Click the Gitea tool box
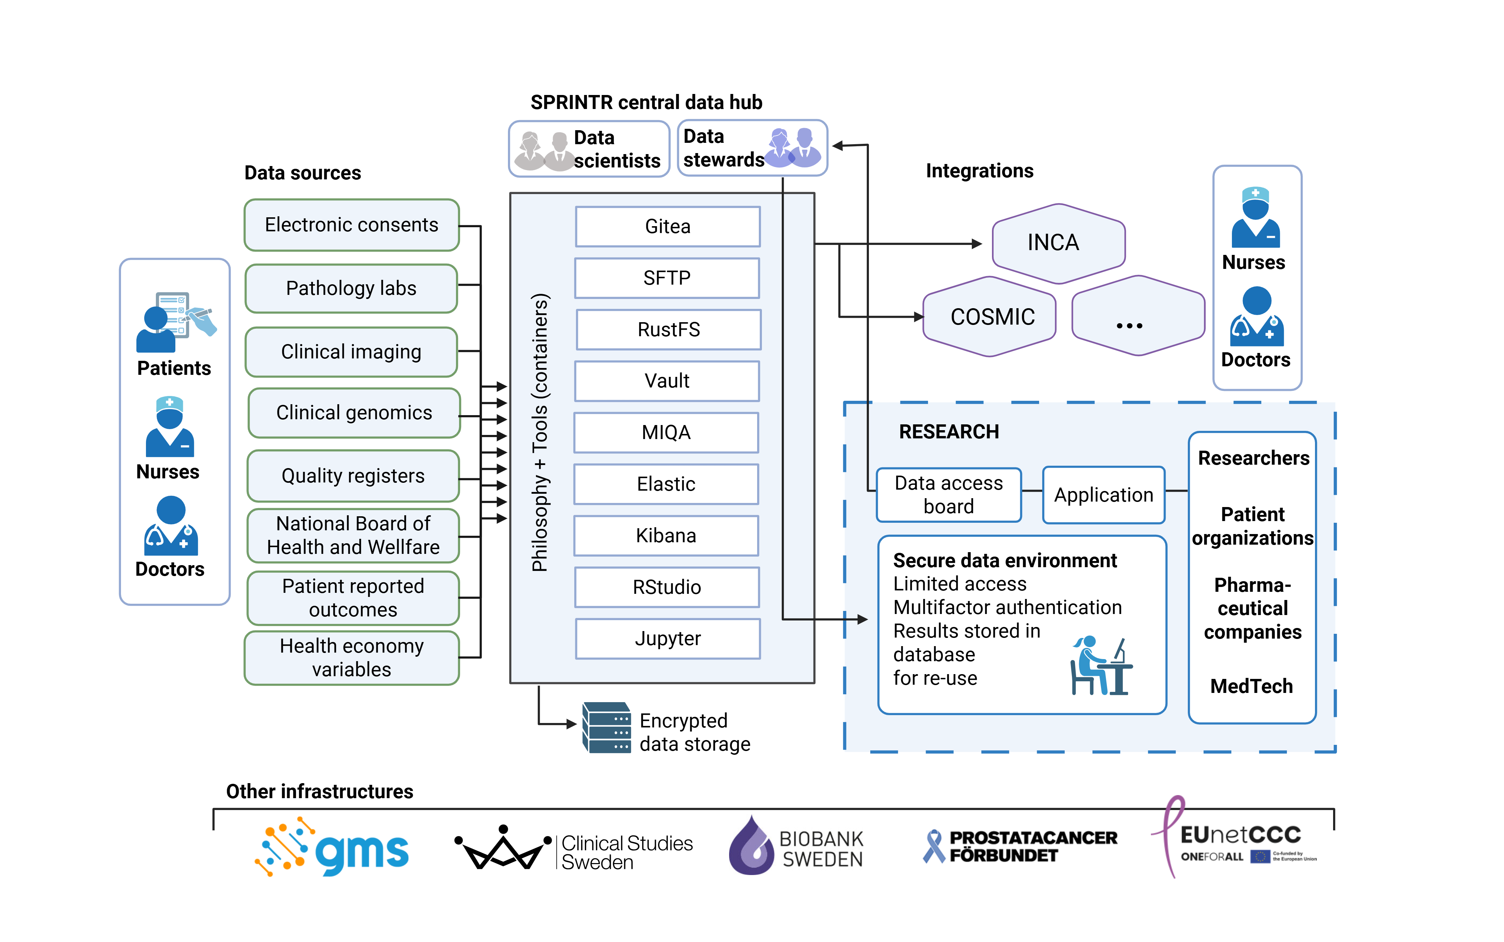(x=668, y=226)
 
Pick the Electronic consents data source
(x=351, y=225)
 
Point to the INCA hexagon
(x=1058, y=243)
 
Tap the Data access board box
(x=949, y=495)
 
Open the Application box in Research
(x=1103, y=495)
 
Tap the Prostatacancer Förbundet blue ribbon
(x=934, y=846)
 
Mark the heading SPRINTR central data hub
(x=646, y=102)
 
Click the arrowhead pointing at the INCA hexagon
(x=977, y=244)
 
